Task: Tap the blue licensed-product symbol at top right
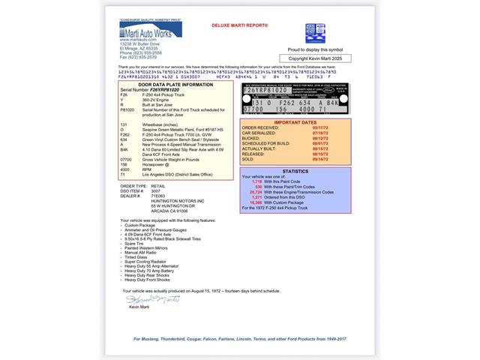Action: pyautogui.click(x=315, y=33)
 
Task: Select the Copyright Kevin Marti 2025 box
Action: pyautogui.click(x=315, y=57)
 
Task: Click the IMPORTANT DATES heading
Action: pyautogui.click(x=295, y=121)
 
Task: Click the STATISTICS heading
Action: pyautogui.click(x=295, y=171)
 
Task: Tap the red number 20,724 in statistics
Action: pyautogui.click(x=256, y=191)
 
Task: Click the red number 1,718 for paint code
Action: pyautogui.click(x=258, y=181)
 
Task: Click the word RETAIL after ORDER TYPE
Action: pyautogui.click(x=157, y=184)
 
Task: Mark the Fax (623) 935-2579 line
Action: pyautogui.click(x=138, y=57)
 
